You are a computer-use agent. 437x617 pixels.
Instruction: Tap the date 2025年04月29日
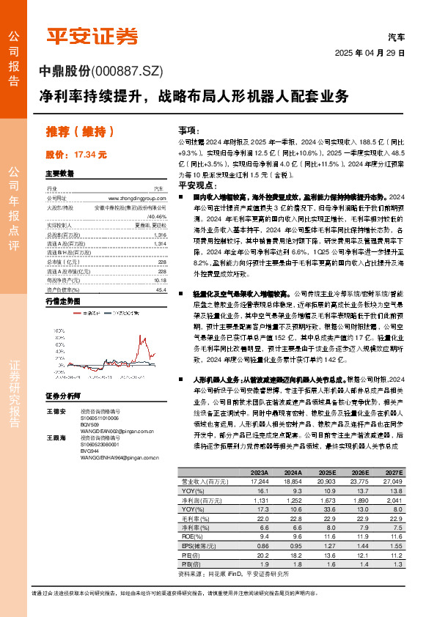(370, 53)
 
